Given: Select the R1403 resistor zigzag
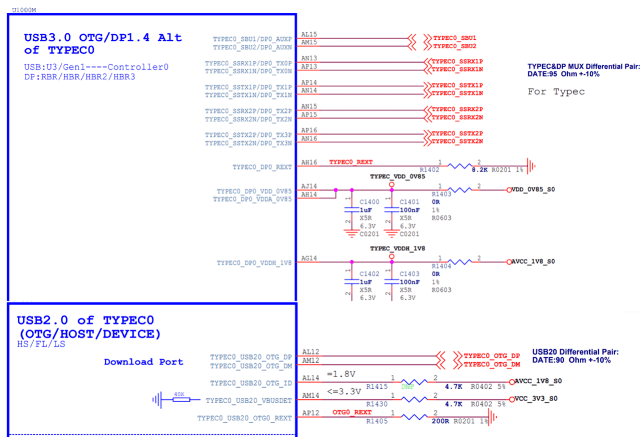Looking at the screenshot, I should (460, 190).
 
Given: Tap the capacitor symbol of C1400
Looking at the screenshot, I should (350, 209).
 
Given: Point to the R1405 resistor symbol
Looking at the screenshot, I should (416, 417).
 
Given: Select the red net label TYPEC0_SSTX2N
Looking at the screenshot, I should (457, 141).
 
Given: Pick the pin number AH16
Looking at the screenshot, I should (309, 163).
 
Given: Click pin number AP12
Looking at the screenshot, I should (310, 413).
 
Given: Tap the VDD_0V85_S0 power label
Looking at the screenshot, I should (533, 189).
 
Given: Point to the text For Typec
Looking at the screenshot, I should (556, 91).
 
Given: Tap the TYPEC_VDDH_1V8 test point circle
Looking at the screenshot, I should (392, 256).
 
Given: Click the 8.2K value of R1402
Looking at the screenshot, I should (479, 171).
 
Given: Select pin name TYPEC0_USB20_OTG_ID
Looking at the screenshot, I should (251, 383).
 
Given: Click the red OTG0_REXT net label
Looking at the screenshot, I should (352, 412).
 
